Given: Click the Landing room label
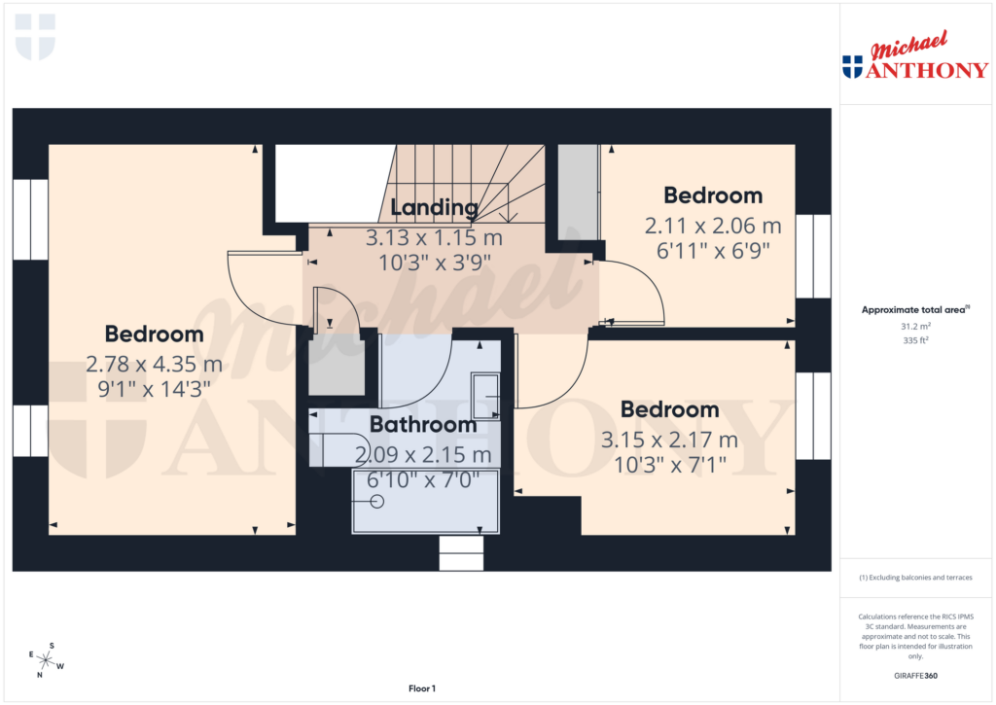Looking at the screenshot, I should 435,207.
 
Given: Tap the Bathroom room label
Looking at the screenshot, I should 423,425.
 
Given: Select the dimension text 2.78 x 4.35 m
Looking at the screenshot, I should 155,366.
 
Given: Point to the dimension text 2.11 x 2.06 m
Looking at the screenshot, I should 713,226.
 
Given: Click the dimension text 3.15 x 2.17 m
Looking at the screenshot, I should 669,441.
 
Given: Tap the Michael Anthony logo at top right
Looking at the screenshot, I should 914,56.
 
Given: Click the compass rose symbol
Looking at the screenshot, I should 46,660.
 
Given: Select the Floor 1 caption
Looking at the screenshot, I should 422,688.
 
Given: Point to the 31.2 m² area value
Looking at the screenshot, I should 914,327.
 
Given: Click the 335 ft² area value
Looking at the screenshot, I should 914,341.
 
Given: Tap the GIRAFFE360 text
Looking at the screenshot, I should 914,675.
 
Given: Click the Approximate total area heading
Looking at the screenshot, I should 914,310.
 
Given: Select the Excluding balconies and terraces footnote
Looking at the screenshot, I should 914,578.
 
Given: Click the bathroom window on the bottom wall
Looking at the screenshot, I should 461,552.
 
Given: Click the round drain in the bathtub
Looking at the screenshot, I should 377,501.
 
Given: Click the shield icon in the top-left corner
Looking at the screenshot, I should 35,36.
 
